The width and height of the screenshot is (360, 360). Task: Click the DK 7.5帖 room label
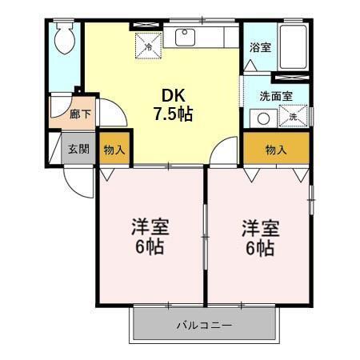pos(174,102)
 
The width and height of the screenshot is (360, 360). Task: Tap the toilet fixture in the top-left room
pos(65,38)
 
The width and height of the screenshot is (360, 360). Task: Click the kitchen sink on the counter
pos(186,35)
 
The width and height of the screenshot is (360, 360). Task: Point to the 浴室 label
pos(260,47)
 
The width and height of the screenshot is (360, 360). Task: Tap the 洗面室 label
pos(274,96)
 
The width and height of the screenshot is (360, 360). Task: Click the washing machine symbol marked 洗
pos(294,118)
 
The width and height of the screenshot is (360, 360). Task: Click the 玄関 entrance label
pos(78,149)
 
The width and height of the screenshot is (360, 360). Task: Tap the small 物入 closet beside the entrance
pos(114,149)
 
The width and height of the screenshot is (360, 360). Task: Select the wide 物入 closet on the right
pos(276,149)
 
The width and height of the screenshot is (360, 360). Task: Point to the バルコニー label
pos(204,326)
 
